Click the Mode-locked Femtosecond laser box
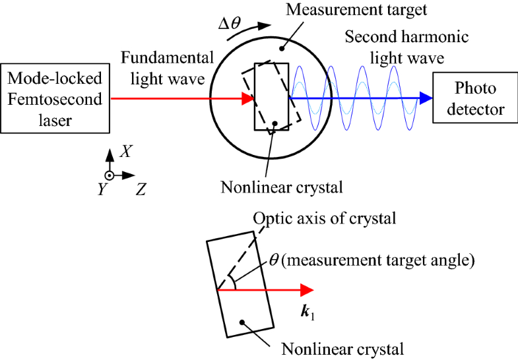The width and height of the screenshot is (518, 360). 55,99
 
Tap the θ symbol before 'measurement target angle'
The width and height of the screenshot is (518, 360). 273,260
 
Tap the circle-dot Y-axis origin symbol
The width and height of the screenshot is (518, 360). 110,176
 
